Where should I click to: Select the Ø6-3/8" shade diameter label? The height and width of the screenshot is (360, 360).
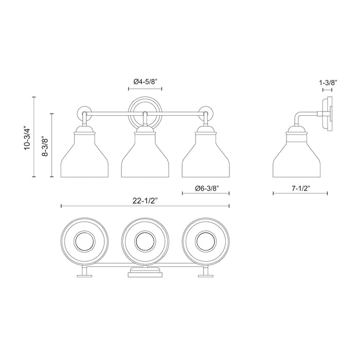(x=205, y=188)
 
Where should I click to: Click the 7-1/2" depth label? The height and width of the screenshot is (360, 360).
(x=300, y=188)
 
